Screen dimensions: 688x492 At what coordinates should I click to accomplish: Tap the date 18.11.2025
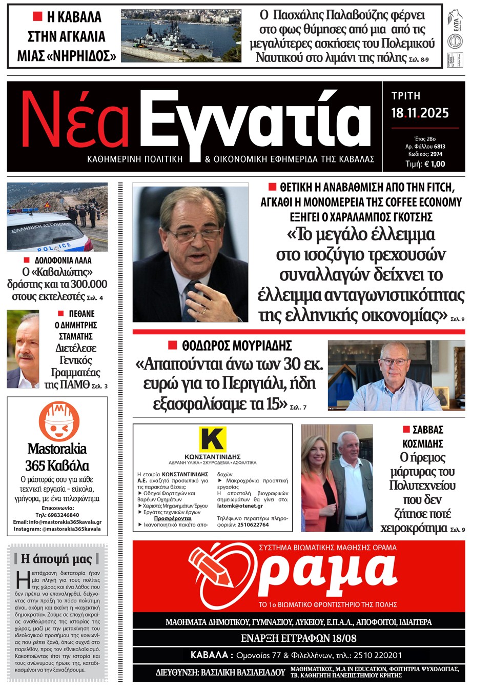pos(420,113)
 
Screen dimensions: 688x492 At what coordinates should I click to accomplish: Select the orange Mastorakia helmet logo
pos(58,420)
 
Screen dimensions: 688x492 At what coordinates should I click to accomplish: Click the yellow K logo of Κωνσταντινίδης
pos(212,439)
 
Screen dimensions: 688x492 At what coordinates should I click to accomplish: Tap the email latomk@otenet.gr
pos(240,505)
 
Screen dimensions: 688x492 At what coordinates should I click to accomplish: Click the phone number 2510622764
pos(253,524)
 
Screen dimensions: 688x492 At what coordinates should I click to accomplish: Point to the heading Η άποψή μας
pos(56,558)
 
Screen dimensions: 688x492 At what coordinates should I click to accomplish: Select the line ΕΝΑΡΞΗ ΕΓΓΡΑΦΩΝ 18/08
pos(298,638)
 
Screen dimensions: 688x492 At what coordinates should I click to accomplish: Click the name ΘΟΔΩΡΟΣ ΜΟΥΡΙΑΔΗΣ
pos(237,346)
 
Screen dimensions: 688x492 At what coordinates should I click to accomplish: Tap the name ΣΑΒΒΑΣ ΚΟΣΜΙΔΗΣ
pos(427,436)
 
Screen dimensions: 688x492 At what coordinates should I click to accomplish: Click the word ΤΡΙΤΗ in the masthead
pos(405,96)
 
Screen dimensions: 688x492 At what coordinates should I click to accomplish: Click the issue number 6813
pos(439,147)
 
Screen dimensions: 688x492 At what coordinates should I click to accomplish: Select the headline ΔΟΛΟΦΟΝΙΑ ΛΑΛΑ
pos(63,260)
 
